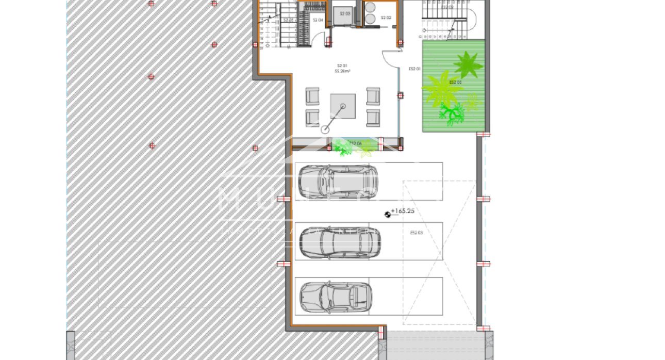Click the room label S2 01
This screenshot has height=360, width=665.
(342, 66)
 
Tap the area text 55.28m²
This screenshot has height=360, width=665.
(342, 72)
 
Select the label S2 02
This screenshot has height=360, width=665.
(386, 18)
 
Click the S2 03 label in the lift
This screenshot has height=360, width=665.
(345, 14)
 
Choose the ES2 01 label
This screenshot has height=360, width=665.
(414, 69)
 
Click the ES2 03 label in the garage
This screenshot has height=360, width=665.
(417, 233)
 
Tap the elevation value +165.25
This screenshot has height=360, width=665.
(403, 211)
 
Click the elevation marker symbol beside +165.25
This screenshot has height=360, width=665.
(388, 215)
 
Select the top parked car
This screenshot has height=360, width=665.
(338, 182)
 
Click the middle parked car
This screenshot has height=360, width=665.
(340, 242)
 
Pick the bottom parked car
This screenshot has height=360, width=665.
(335, 297)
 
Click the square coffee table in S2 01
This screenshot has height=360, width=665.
(343, 106)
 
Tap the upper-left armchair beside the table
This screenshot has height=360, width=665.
(312, 96)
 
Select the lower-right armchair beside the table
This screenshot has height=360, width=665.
(373, 118)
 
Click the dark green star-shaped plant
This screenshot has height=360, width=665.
(468, 64)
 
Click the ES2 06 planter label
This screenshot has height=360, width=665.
(355, 143)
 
